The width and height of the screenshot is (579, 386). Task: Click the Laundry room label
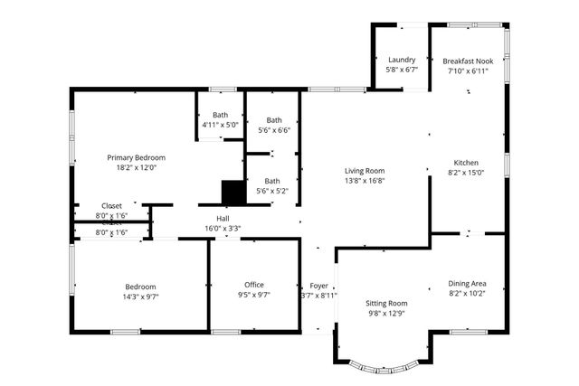[x=401, y=60]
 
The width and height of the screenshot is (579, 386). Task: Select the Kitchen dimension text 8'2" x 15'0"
[x=466, y=173]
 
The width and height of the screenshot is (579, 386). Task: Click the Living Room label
[x=365, y=170]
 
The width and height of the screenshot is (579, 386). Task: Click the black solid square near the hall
[x=233, y=192]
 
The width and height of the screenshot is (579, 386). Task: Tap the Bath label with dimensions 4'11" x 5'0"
[x=220, y=115]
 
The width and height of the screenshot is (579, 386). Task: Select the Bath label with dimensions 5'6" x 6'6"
[x=274, y=120]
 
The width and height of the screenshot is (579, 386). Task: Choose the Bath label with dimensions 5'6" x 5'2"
[x=272, y=181]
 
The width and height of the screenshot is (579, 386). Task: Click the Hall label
[x=223, y=218]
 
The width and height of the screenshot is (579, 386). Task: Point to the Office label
[x=254, y=285]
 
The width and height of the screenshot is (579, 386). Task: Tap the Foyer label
[x=318, y=285]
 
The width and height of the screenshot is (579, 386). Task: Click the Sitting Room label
[x=386, y=303]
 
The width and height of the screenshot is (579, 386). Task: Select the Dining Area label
[x=467, y=283]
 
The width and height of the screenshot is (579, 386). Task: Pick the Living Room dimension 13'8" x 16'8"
[x=365, y=180]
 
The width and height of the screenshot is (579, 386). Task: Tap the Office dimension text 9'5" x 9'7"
[x=254, y=296]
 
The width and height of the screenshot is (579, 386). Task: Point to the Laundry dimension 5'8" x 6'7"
[x=401, y=70]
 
